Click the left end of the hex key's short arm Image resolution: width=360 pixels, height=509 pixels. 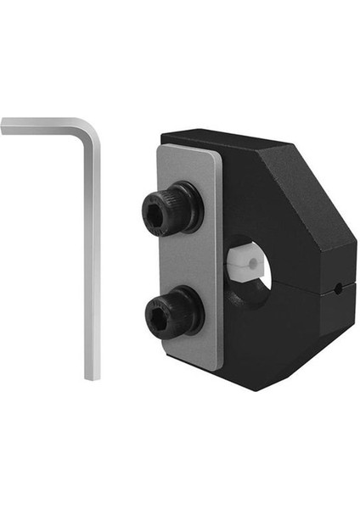5,126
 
